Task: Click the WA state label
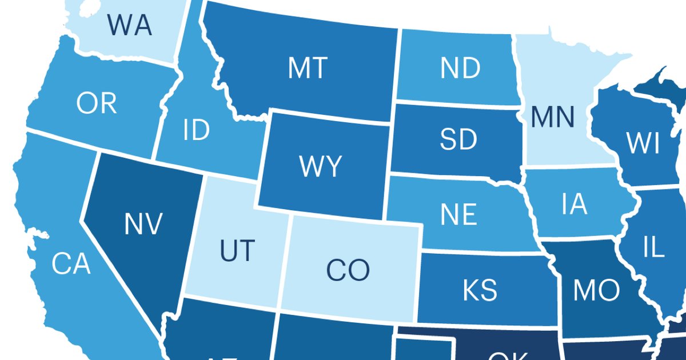[x=129, y=25]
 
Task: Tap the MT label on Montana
[x=307, y=68]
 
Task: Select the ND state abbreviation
[x=460, y=69]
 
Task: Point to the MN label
[x=552, y=117]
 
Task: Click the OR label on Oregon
[x=97, y=103]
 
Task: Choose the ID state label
[x=197, y=131]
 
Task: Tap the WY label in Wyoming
[x=320, y=166]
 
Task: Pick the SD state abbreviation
[x=458, y=139]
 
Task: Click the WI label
[x=643, y=144]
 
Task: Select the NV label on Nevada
[x=143, y=223]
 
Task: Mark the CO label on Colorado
[x=348, y=270]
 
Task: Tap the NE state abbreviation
[x=458, y=214]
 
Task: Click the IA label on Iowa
[x=573, y=204]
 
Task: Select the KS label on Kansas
[x=480, y=289]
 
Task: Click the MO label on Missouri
[x=596, y=290]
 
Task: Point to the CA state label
[x=71, y=264]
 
